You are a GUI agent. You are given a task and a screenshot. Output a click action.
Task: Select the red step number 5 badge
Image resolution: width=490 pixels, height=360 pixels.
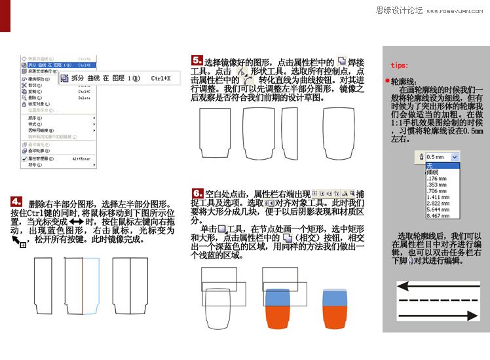pos(197,60)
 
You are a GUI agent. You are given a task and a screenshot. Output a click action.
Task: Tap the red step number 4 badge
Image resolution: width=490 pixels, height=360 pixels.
pos(17,202)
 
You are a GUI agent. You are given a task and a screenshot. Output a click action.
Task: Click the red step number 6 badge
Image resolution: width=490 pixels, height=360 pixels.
pos(197,193)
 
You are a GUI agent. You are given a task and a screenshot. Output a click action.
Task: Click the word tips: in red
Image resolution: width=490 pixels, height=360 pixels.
pos(399,65)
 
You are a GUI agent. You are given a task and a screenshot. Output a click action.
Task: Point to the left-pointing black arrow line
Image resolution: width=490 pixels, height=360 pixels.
pos(437,286)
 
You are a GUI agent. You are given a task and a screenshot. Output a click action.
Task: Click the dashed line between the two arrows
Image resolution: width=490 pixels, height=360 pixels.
pos(437,300)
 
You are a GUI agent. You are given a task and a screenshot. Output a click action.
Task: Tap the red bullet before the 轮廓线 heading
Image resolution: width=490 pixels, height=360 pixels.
pos(387,81)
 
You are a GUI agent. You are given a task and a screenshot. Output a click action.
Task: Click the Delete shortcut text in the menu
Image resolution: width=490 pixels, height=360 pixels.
pos(85,98)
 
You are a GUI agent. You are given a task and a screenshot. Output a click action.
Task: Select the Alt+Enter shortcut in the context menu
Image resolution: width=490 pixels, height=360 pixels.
pos(81,158)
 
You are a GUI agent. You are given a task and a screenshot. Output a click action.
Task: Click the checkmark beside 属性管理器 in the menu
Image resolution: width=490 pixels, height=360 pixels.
pos(24,158)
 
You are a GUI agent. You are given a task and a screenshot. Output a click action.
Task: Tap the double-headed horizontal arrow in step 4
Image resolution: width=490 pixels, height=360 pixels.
pos(76,222)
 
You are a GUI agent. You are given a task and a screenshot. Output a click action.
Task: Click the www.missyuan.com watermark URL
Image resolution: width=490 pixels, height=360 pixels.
pos(457,10)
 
